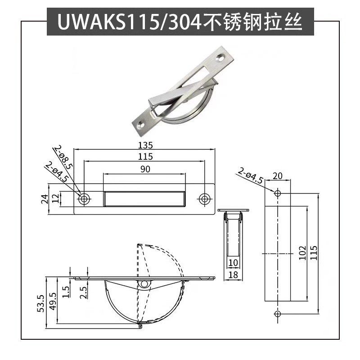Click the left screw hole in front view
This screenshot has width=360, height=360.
[84, 198]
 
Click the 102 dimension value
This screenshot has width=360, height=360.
[302, 253]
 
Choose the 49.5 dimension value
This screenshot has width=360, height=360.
[53, 301]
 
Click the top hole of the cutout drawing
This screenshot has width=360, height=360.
[277, 193]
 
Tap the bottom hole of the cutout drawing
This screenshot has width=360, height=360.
[277, 313]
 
